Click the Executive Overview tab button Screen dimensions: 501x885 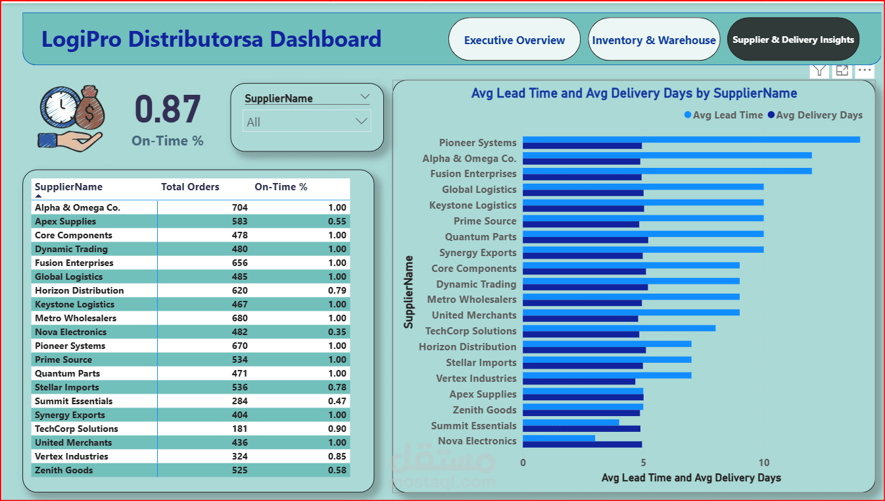coord(514,40)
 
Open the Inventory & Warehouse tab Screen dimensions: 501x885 coord(654,40)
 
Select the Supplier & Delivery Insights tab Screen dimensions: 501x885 coord(793,40)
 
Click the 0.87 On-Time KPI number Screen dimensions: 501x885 coord(168,109)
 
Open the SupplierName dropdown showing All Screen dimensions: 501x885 coord(306,122)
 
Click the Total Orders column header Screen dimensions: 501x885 coord(190,187)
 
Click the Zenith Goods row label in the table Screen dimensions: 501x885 coord(64,471)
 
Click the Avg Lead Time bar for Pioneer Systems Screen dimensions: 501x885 coord(690,140)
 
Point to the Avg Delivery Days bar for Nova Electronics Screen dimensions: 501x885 coord(582,444)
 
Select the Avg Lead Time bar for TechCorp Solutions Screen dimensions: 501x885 coord(619,328)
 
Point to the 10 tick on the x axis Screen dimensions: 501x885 coord(764,463)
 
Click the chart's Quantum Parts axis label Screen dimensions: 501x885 coord(481,237)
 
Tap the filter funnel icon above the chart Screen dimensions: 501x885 coord(819,71)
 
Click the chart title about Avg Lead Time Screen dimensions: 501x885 coord(634,93)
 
